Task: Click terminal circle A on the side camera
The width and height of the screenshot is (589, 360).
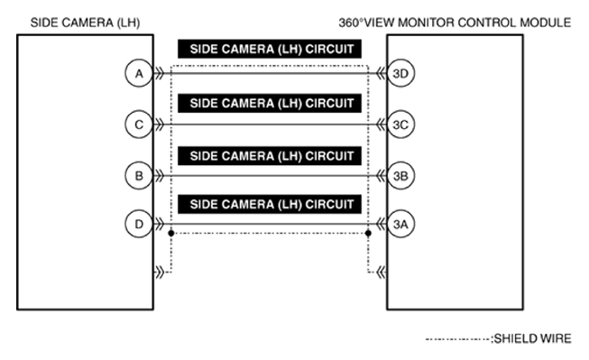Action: [138, 74]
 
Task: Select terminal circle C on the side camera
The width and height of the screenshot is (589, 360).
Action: [138, 125]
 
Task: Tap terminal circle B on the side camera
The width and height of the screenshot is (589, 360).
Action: [138, 176]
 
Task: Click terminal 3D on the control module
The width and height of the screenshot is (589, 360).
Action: [401, 74]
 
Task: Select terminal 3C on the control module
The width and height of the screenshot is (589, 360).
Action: [401, 125]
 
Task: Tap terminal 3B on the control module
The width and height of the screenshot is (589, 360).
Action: [401, 176]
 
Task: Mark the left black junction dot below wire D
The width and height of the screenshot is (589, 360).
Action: [171, 234]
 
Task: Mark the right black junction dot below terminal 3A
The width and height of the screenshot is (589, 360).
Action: [369, 234]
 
